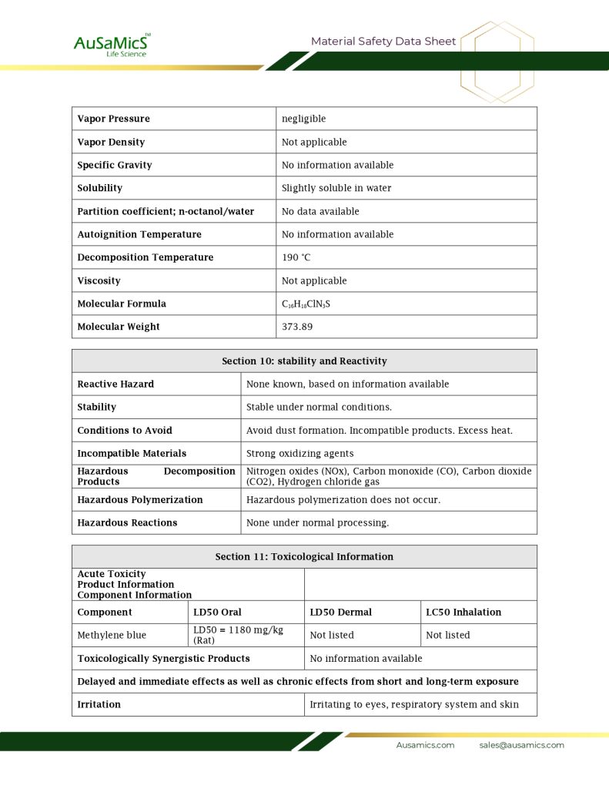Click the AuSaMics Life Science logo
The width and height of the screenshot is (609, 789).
click(112, 45)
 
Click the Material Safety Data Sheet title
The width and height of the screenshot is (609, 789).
click(383, 42)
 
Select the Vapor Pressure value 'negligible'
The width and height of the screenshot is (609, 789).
click(304, 119)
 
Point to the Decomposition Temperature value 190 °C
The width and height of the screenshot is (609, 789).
click(296, 257)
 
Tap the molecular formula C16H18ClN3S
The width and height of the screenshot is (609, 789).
click(306, 304)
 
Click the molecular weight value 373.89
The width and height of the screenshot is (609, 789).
click(297, 327)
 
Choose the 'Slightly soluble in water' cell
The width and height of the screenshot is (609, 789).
click(336, 188)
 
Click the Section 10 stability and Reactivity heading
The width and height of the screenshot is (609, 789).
click(304, 361)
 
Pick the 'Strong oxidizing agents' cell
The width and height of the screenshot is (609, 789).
click(300, 453)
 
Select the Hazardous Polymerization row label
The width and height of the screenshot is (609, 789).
click(140, 499)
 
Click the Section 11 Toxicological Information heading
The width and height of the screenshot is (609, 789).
click(304, 556)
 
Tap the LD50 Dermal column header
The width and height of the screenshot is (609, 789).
click(340, 612)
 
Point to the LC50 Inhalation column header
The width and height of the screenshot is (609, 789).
click(463, 612)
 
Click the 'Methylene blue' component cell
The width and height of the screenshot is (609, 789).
click(112, 635)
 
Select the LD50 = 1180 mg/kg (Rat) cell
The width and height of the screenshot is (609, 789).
click(239, 635)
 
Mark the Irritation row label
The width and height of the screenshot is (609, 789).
click(99, 704)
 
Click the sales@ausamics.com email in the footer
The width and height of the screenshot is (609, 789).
click(521, 745)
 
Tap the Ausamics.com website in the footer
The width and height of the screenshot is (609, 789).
click(425, 745)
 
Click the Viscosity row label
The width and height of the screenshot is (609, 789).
click(99, 280)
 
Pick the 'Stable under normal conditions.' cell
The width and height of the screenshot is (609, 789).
click(319, 407)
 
